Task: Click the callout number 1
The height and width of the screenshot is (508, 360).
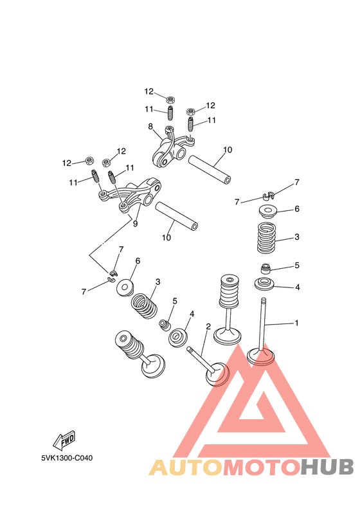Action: click(296, 323)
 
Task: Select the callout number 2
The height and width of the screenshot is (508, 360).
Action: click(208, 327)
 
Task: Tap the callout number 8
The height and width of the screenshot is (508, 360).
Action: click(150, 127)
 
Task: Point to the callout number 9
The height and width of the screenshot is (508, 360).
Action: click(135, 224)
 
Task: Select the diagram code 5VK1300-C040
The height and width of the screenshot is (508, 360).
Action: click(66, 458)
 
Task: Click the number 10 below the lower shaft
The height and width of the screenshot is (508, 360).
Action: click(166, 238)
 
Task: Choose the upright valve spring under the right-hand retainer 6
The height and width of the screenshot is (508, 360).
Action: click(267, 239)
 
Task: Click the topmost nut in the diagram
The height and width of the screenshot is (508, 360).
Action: click(171, 99)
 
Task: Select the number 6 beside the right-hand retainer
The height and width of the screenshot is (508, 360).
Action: click(297, 209)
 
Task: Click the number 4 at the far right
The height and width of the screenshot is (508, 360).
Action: click(297, 287)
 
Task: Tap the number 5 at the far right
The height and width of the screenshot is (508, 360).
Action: click(297, 265)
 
